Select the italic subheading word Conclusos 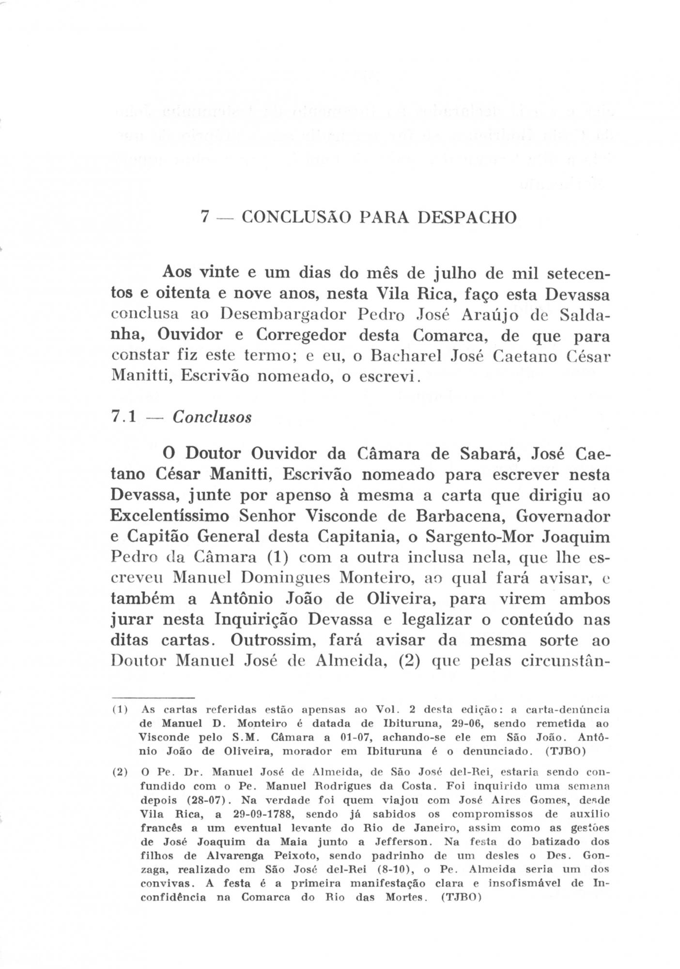[x=212, y=417]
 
